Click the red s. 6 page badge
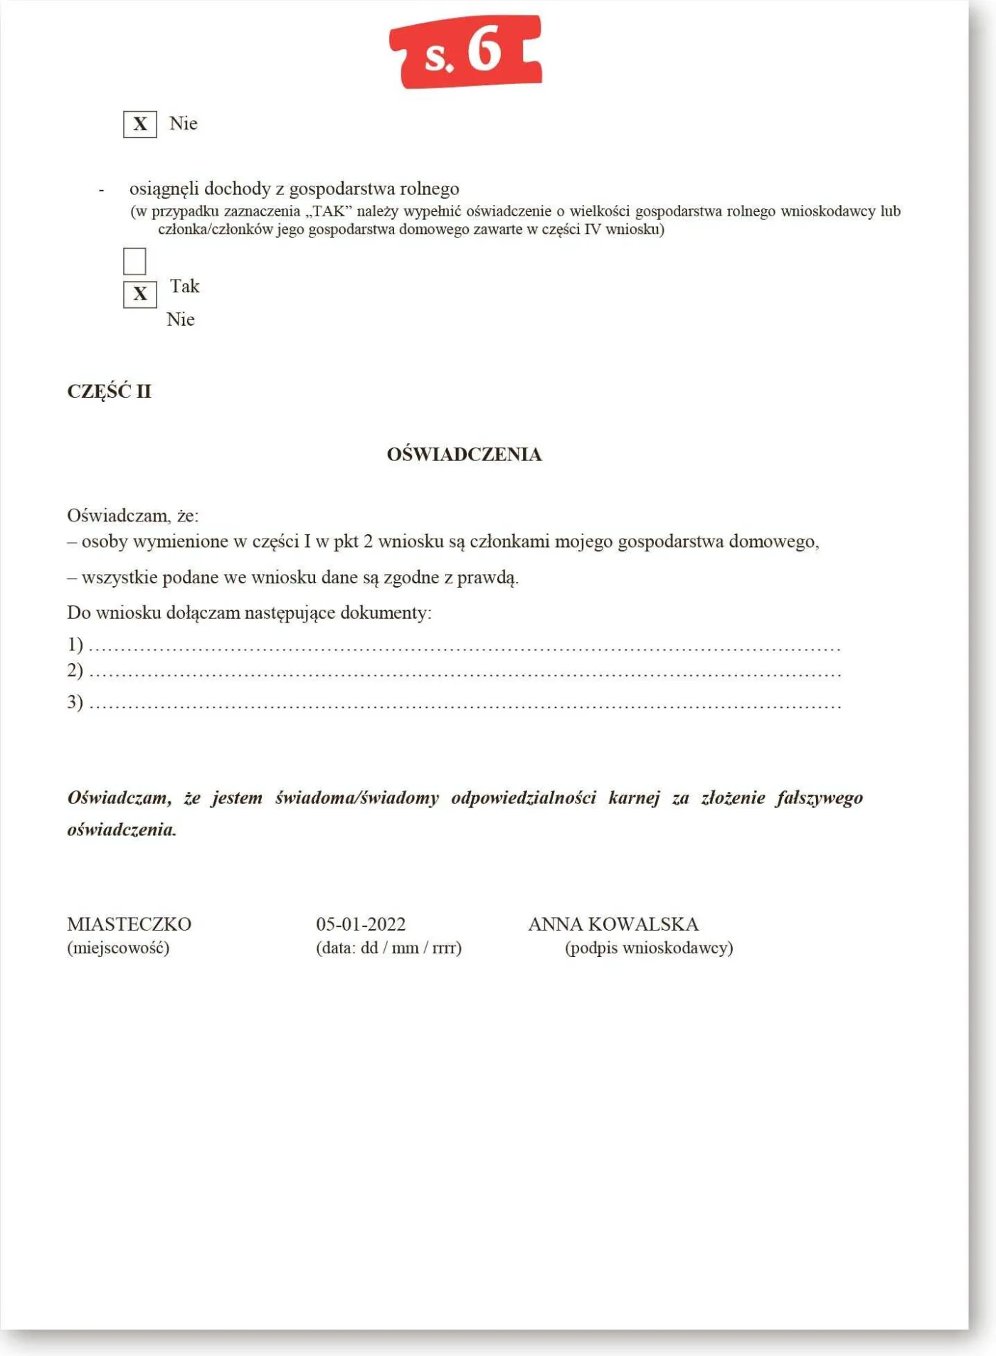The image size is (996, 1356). point(466,52)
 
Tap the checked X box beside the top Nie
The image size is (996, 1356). point(140,125)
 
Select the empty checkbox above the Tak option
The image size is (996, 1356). point(134,261)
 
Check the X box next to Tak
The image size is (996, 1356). point(140,295)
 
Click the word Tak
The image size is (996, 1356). point(184,286)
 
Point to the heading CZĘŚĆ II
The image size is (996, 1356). point(109,391)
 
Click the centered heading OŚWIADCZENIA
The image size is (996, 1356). point(464,454)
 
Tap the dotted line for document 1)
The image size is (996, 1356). point(464,648)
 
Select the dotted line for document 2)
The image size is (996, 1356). point(464,674)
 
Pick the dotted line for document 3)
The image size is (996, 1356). point(464,706)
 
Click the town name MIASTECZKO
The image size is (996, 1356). point(129,924)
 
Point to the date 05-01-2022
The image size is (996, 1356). point(361,924)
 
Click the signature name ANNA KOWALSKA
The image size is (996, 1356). point(613,924)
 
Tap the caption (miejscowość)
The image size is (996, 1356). point(118,948)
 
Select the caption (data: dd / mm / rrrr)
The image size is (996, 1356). point(388,948)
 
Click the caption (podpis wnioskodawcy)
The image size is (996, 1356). point(648,948)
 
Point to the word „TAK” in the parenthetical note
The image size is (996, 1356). point(329,211)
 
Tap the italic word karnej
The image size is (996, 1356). point(634,798)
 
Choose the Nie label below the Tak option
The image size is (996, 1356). point(180,319)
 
